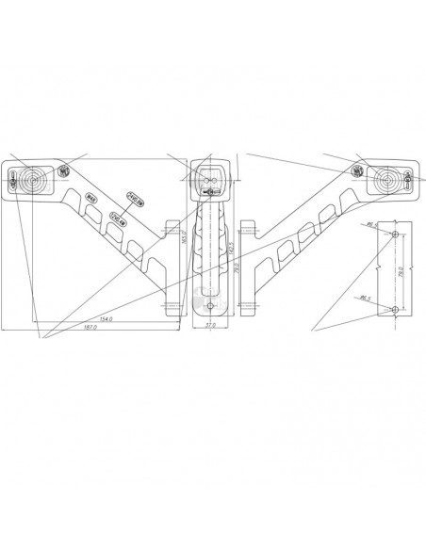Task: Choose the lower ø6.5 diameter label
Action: [x=366, y=298]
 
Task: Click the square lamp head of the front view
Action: [x=209, y=179]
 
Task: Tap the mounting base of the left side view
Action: [x=172, y=267]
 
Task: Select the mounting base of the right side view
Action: [x=248, y=267]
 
